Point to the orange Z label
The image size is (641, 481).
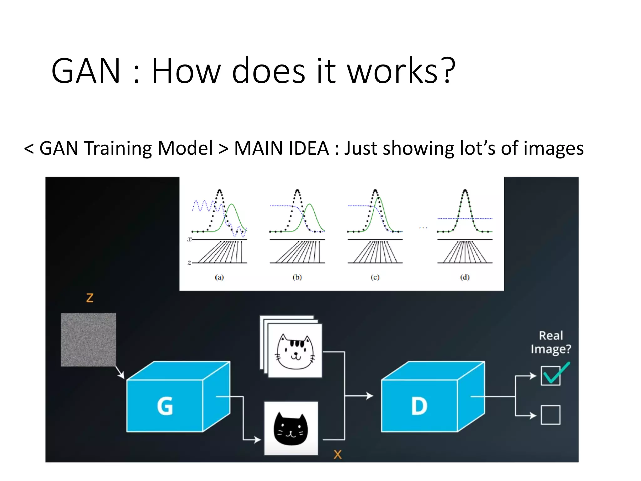tap(90, 297)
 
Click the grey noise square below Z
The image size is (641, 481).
tap(88, 339)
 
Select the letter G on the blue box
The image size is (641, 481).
tap(165, 406)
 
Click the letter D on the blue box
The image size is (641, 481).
tap(419, 406)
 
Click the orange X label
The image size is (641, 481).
tap(337, 454)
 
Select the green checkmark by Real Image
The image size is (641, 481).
tap(556, 373)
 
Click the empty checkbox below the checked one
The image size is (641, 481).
tap(551, 415)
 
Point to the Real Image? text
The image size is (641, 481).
tap(551, 342)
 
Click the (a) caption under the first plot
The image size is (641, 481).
tap(219, 277)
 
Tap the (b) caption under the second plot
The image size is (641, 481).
tap(297, 277)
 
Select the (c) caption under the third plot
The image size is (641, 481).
tap(375, 277)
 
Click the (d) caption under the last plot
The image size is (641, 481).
tap(465, 277)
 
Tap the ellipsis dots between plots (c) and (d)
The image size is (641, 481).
tap(423, 228)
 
